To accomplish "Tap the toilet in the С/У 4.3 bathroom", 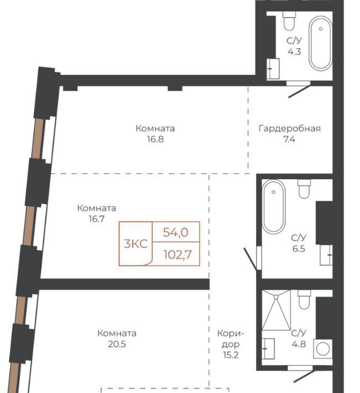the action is coord(289,21).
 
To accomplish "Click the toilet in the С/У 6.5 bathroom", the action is coord(304,189).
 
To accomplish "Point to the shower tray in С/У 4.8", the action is coord(276,310).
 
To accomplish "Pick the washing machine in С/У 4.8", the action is coord(323,349).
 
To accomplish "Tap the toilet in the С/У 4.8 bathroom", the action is coord(304,299).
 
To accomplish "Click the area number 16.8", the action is coord(155,139).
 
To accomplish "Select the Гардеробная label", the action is coord(289,128).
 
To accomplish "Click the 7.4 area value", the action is coord(289,139).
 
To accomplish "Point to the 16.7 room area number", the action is coord(96,219).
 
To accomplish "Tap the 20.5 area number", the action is coord(117,344).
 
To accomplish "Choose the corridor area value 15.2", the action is coord(231,355).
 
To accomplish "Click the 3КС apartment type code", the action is coord(135,244).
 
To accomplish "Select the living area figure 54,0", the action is coord(175,232).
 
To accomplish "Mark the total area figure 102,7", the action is coord(178,255).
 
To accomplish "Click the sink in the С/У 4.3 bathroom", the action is coord(273,69).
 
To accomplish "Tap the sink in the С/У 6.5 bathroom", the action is coord(326,255).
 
